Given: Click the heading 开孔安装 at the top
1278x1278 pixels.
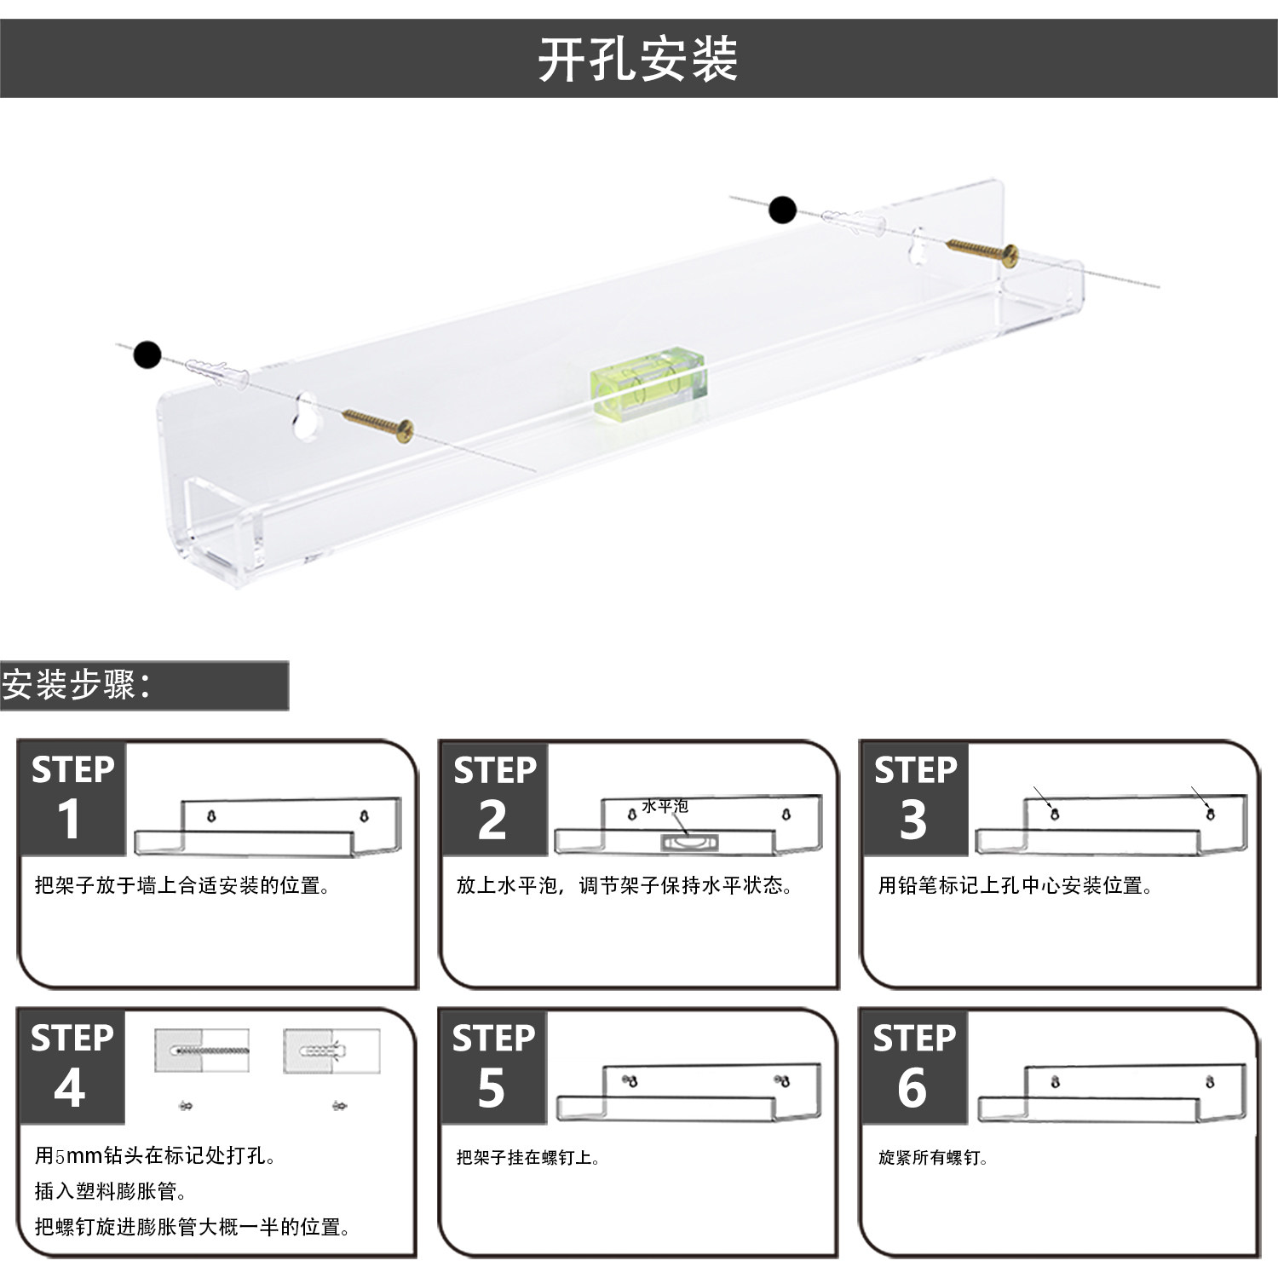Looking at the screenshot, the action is tap(637, 60).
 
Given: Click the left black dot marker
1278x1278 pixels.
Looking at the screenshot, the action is tap(147, 354).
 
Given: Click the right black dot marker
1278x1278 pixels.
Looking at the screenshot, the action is tap(782, 210).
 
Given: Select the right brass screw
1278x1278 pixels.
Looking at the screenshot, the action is tap(983, 251).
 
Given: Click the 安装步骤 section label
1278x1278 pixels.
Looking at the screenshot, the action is tap(77, 685).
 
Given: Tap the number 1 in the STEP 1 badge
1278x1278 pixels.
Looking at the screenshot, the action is tap(69, 820).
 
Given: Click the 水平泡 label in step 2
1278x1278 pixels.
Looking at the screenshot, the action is tap(665, 805).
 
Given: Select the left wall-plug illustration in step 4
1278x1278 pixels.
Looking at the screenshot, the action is tap(202, 1051).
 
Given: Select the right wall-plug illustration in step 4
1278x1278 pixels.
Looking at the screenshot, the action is tap(331, 1051).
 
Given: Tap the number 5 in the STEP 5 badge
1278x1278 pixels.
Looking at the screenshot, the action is tap(491, 1088).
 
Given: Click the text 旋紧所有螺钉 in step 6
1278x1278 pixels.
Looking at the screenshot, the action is tap(933, 1157).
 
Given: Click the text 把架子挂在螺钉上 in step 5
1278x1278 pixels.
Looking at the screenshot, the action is tap(528, 1157).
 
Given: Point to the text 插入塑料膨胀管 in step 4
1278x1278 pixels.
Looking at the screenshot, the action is tap(111, 1191).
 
